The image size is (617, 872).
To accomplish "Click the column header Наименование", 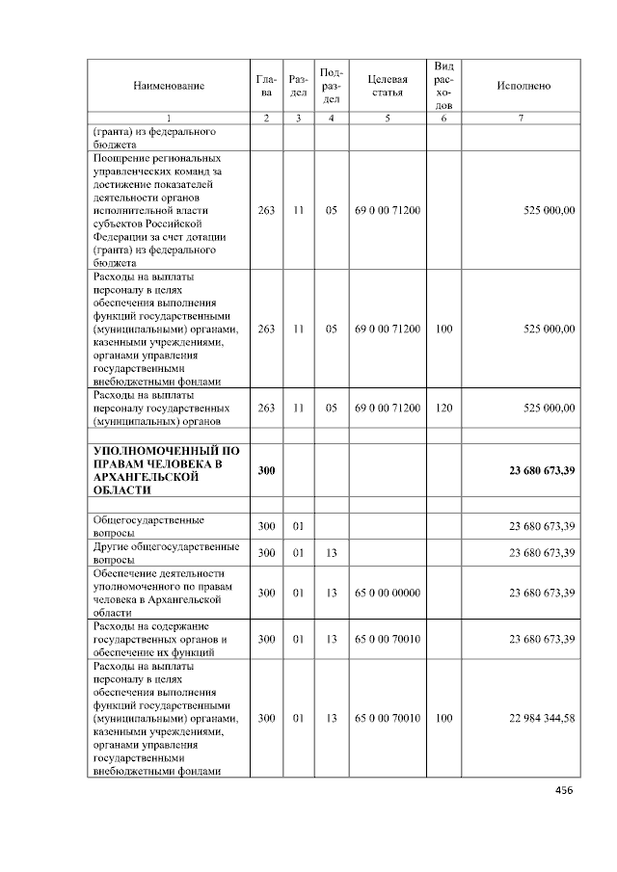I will tap(169, 86).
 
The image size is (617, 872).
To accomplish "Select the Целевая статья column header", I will tap(388, 86).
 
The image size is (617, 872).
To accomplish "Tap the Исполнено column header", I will tap(523, 86).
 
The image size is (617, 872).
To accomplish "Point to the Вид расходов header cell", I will tap(443, 85).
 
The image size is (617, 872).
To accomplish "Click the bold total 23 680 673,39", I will tap(543, 470).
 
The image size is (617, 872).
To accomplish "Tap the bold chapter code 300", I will tap(267, 470).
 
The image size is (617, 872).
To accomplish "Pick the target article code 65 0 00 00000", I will tap(388, 593).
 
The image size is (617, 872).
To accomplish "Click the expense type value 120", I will tap(443, 409).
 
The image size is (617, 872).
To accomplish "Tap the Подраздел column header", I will tap(331, 86).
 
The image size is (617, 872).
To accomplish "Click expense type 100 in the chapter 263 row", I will tap(443, 329).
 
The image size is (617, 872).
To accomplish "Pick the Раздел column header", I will tap(299, 86).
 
